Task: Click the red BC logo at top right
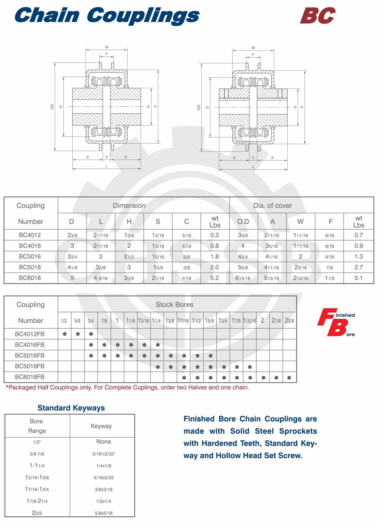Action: (318, 16)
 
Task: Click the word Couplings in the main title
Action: (143, 16)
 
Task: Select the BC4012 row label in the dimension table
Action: (30, 235)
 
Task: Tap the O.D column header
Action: (243, 221)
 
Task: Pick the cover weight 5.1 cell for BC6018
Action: (358, 278)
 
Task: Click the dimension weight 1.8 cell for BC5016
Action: (215, 257)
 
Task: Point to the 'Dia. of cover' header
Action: (273, 205)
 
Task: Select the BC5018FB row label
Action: (30, 366)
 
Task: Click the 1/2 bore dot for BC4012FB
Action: (64, 334)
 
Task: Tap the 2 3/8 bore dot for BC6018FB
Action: (289, 377)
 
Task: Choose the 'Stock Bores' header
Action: (174, 304)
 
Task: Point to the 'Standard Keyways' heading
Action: (71, 408)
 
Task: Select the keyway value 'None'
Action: (103, 441)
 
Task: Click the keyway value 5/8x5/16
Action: (103, 513)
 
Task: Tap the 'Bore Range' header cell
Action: (37, 426)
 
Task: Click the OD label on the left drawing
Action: (52, 107)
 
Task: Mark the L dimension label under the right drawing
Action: (253, 167)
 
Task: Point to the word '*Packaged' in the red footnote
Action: (21, 387)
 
